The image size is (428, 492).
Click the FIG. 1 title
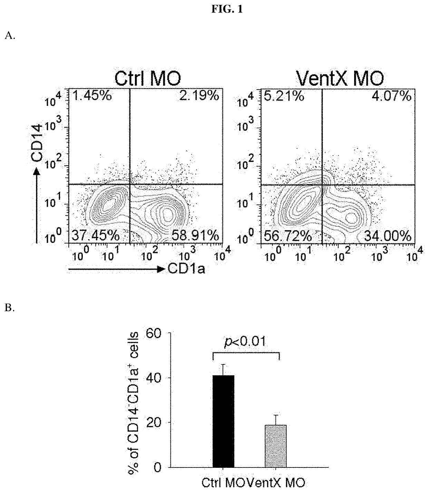(227, 10)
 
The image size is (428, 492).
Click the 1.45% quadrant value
(91, 96)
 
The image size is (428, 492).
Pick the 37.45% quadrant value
(96, 236)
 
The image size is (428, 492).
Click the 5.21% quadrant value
(284, 96)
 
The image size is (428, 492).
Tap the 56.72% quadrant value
(288, 236)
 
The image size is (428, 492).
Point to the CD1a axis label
(186, 269)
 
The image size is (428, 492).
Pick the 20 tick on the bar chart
(154, 423)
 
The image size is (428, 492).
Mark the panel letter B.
(9, 308)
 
